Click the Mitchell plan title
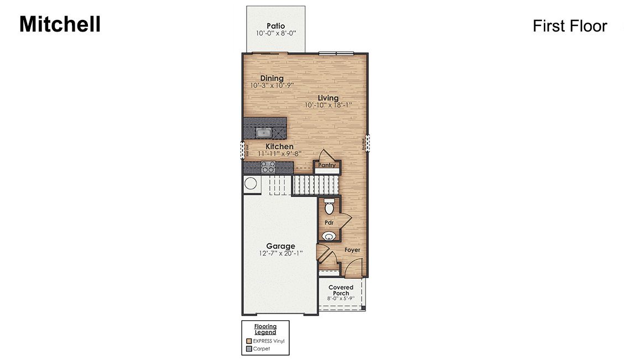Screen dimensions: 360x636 pyautogui.click(x=60, y=24)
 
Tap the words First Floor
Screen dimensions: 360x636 pyautogui.click(x=570, y=26)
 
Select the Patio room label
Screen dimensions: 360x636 pyautogui.click(x=275, y=25)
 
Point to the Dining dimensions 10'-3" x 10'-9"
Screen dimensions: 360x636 pyautogui.click(x=271, y=86)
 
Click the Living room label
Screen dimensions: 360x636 pyautogui.click(x=328, y=98)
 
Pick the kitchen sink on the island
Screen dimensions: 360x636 pyautogui.click(x=263, y=132)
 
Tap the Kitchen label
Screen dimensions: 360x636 pyautogui.click(x=280, y=147)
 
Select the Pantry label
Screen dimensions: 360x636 pyautogui.click(x=327, y=165)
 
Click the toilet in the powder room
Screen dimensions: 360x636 pyautogui.click(x=329, y=207)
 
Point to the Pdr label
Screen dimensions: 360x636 pyautogui.click(x=329, y=223)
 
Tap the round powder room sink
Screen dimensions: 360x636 pyautogui.click(x=329, y=237)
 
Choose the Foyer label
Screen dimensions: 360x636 pyautogui.click(x=352, y=250)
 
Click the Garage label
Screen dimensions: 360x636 pyautogui.click(x=280, y=246)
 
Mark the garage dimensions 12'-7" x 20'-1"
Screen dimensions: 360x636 pyautogui.click(x=280, y=254)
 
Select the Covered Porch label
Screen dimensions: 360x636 pyautogui.click(x=341, y=290)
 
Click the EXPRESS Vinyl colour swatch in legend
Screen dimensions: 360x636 pyautogui.click(x=249, y=341)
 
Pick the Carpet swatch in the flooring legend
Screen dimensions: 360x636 pyautogui.click(x=249, y=349)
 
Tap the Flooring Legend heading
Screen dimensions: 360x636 pyautogui.click(x=265, y=329)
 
